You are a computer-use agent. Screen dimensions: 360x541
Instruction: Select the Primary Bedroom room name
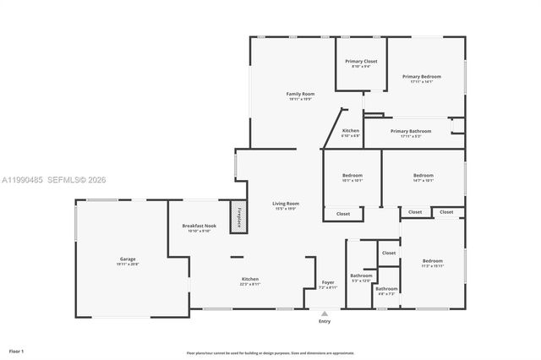pos(421,76)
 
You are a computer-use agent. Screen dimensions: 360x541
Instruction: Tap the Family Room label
pos(300,93)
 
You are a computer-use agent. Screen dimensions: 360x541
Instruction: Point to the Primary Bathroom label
pos(410,131)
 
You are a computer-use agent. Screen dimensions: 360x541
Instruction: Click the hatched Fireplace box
pos(239,215)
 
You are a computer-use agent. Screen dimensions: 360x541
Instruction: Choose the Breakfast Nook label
pos(199,226)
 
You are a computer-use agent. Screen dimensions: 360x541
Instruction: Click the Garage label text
pos(127,259)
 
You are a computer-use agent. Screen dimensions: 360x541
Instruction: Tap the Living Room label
pos(286,203)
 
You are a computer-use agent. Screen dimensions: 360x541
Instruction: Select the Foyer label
pos(328,282)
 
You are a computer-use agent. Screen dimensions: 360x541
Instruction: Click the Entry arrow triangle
pos(325,314)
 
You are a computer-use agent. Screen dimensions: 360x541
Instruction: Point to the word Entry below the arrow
pos(325,322)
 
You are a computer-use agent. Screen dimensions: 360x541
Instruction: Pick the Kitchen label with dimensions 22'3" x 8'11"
pos(250,279)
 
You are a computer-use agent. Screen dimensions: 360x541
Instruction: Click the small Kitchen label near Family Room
pos(350,131)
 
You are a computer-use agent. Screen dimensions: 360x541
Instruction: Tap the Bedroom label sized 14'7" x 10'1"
pos(423,175)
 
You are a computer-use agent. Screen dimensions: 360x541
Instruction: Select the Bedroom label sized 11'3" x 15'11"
pos(432,260)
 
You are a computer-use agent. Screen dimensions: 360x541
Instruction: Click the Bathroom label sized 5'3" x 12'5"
pos(362,275)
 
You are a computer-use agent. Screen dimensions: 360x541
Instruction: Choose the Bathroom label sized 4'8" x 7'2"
pos(387,289)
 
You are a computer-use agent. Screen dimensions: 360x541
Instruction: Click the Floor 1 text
pos(16,350)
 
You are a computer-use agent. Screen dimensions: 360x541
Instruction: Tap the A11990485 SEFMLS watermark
pos(51,179)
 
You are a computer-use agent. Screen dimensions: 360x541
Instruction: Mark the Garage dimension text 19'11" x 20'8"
pos(127,265)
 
